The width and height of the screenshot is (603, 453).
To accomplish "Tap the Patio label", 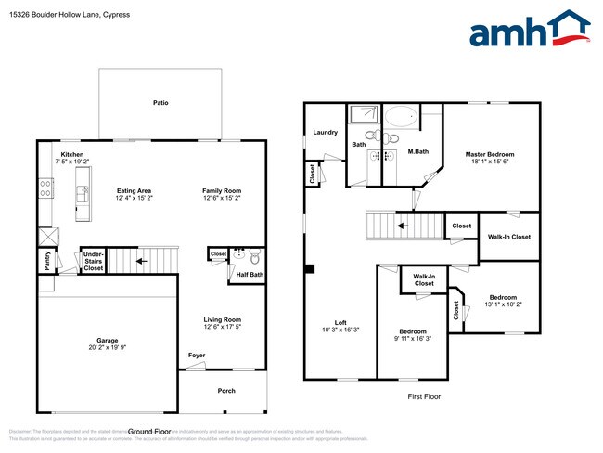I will coord(161,103).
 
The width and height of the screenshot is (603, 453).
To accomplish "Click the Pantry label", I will coord(45,262).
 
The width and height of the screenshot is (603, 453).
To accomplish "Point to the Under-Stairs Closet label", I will coord(94,261).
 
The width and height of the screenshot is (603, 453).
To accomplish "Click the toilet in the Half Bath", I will coord(254,253).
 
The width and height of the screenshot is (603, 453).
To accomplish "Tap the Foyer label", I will coord(197,355).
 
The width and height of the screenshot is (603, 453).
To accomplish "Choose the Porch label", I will coord(226,391).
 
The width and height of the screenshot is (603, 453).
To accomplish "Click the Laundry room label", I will coord(326,133).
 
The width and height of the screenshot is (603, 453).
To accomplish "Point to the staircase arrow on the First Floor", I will coord(402,225).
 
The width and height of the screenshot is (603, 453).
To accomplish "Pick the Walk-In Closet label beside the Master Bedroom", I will coord(508,237).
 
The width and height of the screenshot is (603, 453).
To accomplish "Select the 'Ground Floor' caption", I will coord(149,432).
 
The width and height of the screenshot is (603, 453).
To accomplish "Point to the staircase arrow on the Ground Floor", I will coord(140,261).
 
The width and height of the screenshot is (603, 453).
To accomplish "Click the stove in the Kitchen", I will coord(44,188).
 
